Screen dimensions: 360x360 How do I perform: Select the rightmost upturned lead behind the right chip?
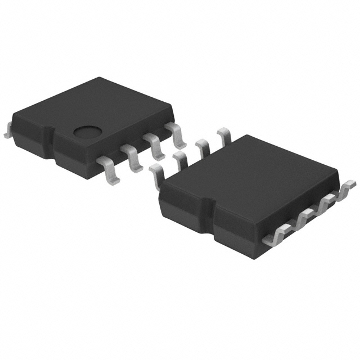pyautogui.click(x=223, y=136)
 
